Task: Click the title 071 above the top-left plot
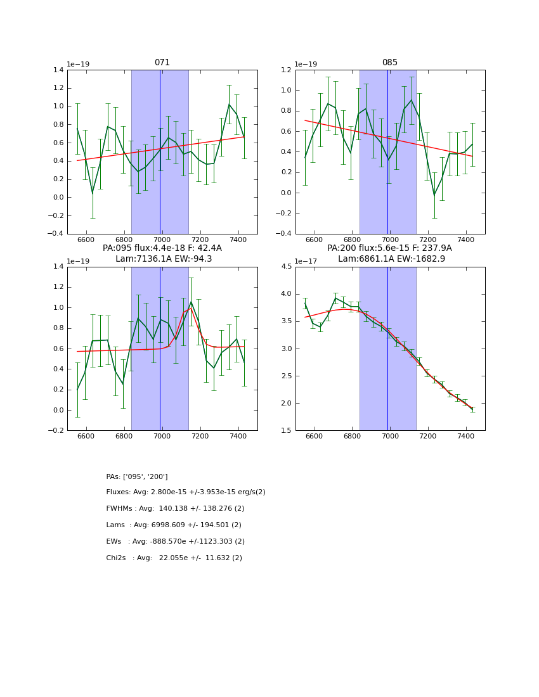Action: coord(162,63)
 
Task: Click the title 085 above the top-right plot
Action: coord(390,63)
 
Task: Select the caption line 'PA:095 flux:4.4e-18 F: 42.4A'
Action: coord(162,248)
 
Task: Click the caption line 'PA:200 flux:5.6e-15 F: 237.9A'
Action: coord(389,248)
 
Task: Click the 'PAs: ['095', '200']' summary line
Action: coord(137,476)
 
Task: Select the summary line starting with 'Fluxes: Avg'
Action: coord(186,492)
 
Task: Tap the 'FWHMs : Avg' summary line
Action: coord(175,509)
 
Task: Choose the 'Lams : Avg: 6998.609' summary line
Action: coord(174,525)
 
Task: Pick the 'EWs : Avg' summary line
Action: coord(175,542)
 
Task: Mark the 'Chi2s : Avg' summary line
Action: coord(174,558)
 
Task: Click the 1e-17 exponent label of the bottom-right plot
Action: coord(308,261)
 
